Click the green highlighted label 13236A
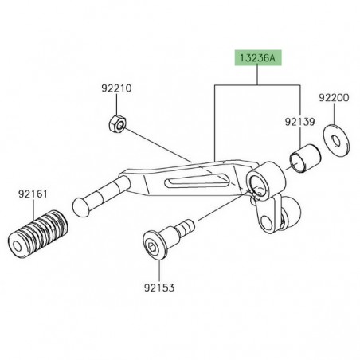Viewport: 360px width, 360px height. (257, 58)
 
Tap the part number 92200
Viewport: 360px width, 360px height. (334, 97)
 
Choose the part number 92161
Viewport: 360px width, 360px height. (33, 193)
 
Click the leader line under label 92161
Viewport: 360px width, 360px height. (33, 202)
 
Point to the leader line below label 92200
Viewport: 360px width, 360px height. (334, 116)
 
